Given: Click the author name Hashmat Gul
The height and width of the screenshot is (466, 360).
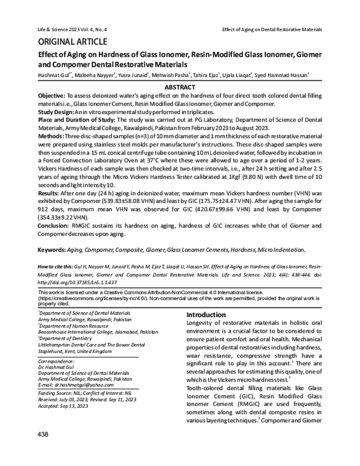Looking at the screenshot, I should (x=53, y=76).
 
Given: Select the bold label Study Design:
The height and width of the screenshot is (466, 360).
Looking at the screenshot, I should (x=58, y=111).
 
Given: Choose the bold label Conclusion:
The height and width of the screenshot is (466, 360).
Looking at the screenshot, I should (x=55, y=225).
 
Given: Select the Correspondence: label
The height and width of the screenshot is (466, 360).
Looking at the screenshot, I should (x=59, y=362).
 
